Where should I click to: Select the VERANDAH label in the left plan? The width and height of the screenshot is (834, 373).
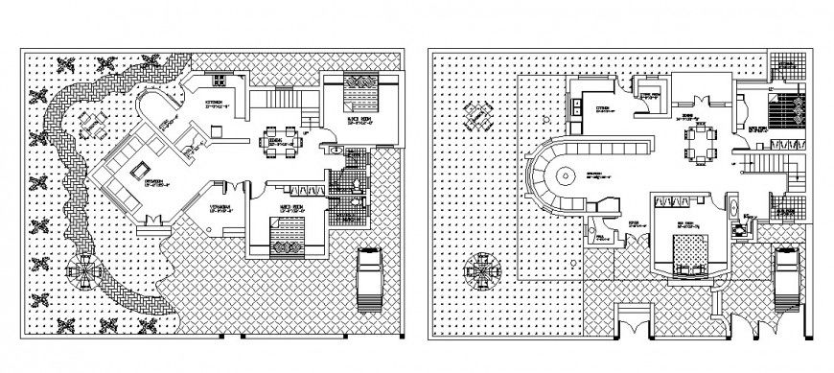tap(220, 208)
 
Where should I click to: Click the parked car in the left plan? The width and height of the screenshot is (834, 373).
tap(370, 279)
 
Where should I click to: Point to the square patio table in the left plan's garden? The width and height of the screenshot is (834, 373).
tap(93, 124)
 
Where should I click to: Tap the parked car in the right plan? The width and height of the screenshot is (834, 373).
tap(786, 278)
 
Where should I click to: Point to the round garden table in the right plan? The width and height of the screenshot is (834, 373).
tap(478, 269)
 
